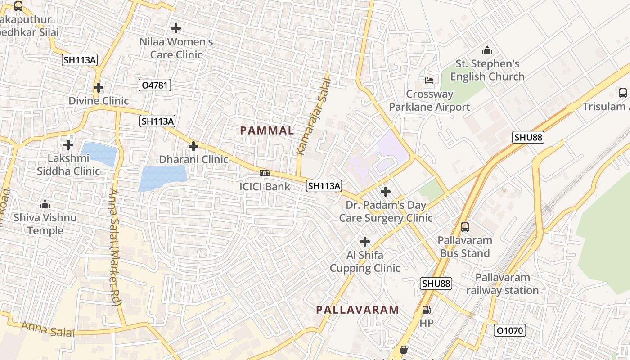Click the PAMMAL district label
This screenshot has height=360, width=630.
click(x=267, y=130)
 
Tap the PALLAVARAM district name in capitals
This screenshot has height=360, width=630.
click(x=357, y=310)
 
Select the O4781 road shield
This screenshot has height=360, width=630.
click(x=155, y=85)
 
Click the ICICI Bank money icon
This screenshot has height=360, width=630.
click(x=265, y=173)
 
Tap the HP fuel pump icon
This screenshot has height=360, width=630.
click(x=426, y=310)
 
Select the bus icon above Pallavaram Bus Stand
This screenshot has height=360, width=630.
click(x=465, y=227)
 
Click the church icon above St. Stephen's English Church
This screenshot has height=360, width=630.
click(x=487, y=51)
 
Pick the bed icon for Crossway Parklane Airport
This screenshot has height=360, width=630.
click(x=429, y=81)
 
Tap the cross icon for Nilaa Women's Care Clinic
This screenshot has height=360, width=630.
click(x=176, y=28)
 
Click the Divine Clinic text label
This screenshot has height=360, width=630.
click(x=99, y=101)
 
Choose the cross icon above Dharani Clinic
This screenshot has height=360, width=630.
click(x=193, y=146)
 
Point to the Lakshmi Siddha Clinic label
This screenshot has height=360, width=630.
click(x=68, y=165)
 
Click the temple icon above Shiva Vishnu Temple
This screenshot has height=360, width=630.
click(x=45, y=205)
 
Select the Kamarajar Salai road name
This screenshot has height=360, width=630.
click(x=314, y=117)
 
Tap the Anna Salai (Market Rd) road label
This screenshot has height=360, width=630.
click(x=115, y=247)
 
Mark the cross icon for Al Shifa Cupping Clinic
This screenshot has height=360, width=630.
click(x=365, y=242)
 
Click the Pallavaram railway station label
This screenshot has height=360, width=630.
click(x=502, y=283)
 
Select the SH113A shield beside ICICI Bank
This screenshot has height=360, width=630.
click(x=324, y=185)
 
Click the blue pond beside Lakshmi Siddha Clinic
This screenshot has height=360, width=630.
click(x=99, y=154)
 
